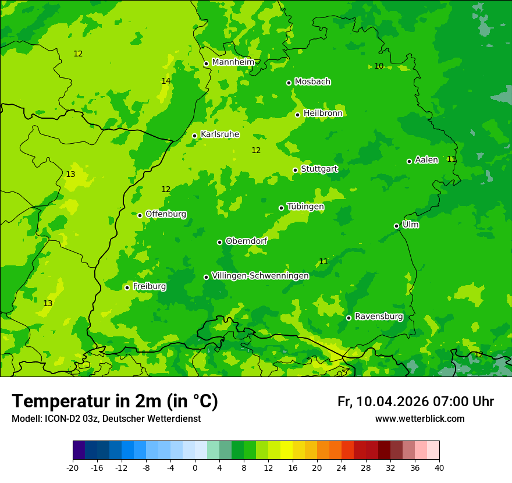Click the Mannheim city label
coord(233,62)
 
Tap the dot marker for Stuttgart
coord(296,170)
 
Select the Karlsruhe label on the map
coord(220,134)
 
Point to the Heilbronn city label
coord(323,113)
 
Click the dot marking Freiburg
coord(127,287)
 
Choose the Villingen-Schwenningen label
coord(260,276)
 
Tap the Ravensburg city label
coord(379,317)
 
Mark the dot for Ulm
coord(397,226)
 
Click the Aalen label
coord(426,160)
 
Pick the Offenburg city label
coord(166,214)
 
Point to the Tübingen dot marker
coord(282,208)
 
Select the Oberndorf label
coord(246,241)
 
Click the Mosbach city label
coord(312,82)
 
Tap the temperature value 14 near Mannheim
coord(166,81)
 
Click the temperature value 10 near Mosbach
coord(379,66)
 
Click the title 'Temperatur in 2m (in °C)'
coord(115,402)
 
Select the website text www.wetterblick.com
coord(419,419)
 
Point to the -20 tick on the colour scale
coord(73,467)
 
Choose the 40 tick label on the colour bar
coord(439,467)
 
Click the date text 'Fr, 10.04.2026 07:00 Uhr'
coord(415,402)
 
